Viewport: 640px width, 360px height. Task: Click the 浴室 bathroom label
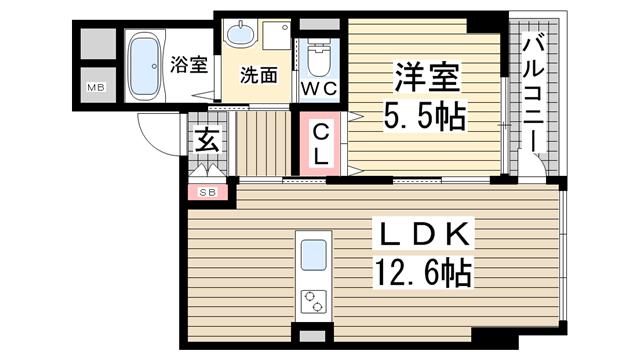(189, 64)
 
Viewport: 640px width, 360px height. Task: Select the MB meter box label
(96, 87)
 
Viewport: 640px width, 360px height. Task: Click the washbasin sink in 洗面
(240, 35)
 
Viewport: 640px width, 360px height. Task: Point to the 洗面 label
(259, 75)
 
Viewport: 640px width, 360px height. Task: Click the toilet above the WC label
(318, 60)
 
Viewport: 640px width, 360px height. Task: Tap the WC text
(319, 89)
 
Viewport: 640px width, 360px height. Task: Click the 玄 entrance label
(207, 139)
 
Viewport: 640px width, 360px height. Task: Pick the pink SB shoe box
(208, 193)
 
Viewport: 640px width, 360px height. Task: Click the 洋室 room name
(427, 77)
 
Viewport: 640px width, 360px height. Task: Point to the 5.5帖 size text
(424, 116)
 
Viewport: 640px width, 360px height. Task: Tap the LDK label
(424, 234)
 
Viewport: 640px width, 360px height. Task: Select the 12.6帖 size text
(423, 273)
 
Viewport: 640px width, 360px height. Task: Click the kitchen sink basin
(313, 254)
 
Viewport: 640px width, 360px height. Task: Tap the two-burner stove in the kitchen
(313, 302)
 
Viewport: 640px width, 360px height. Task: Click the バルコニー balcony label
(533, 94)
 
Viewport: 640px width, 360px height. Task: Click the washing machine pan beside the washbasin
(276, 35)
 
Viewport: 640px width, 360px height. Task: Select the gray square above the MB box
(98, 44)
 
